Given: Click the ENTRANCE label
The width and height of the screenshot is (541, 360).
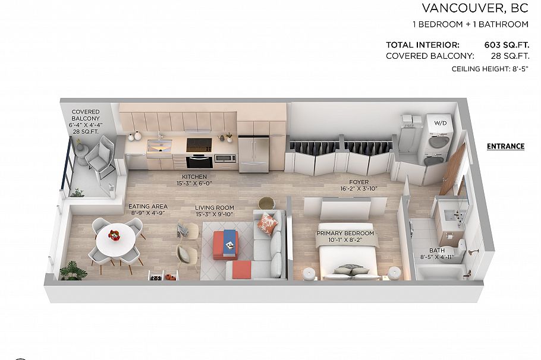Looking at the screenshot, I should (505, 146).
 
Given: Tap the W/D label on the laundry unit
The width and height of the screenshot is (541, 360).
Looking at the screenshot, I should (441, 124).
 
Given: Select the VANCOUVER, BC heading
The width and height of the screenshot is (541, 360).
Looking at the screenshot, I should (475, 8).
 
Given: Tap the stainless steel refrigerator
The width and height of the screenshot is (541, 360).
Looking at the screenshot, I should (254, 153).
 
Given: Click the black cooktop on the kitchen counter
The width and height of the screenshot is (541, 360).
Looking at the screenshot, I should (199, 144).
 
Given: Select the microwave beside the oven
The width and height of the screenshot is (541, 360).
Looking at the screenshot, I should (225, 158).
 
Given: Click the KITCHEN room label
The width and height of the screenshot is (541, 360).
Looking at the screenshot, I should (194, 177).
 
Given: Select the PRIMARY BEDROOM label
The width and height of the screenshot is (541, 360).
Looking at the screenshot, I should (345, 233).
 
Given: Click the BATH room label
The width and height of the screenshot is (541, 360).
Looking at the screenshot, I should (436, 251).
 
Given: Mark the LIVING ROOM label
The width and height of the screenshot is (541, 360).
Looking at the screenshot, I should (215, 208).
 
